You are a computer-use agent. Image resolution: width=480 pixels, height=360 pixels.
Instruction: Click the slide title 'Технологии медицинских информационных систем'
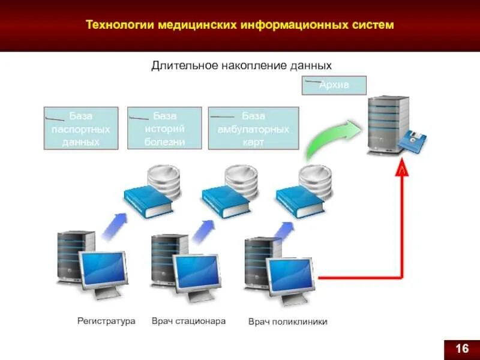click(240, 25)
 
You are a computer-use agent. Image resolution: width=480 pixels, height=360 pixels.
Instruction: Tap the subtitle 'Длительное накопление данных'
click(241, 65)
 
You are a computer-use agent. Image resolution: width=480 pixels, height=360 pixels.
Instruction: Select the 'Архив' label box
click(334, 85)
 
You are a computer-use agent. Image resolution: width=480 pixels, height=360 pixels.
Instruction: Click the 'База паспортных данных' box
click(80, 128)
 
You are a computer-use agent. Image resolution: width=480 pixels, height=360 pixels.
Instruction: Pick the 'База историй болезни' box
click(164, 128)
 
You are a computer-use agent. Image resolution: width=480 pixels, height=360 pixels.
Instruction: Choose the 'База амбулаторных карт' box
click(253, 128)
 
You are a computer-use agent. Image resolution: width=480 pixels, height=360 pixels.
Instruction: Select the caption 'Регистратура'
click(106, 321)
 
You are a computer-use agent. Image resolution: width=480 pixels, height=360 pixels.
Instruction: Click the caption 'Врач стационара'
click(188, 321)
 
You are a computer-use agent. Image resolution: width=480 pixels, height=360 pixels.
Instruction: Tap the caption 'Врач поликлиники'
click(288, 322)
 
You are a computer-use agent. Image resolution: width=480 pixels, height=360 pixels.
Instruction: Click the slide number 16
click(461, 349)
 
